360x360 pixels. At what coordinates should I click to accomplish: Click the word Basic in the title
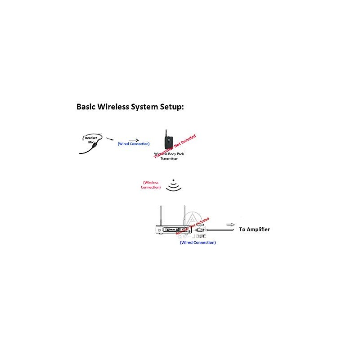(88, 108)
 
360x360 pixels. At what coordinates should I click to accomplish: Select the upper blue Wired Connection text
(134, 144)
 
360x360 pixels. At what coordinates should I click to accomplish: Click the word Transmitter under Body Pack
(169, 158)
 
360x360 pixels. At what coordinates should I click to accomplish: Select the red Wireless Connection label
(151, 185)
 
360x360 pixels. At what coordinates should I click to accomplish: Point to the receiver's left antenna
(161, 215)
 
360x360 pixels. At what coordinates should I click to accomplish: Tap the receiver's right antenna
(184, 215)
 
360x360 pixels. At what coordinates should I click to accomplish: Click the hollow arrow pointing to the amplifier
(230, 224)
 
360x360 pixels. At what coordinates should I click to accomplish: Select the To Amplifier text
(254, 229)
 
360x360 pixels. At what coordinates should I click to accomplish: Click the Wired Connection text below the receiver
(198, 243)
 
